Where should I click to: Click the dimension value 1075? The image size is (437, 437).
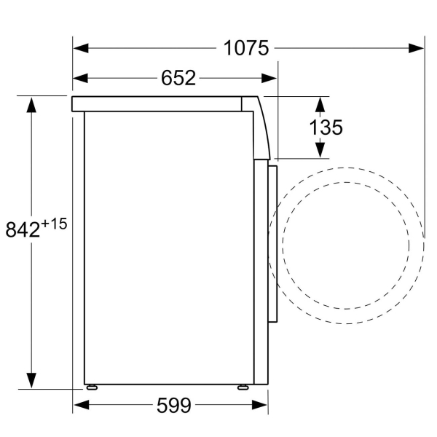point(246,48)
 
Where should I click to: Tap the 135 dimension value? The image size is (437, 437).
point(326,127)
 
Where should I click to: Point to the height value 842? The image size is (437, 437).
point(23,229)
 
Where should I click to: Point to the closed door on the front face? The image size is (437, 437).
point(273,244)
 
